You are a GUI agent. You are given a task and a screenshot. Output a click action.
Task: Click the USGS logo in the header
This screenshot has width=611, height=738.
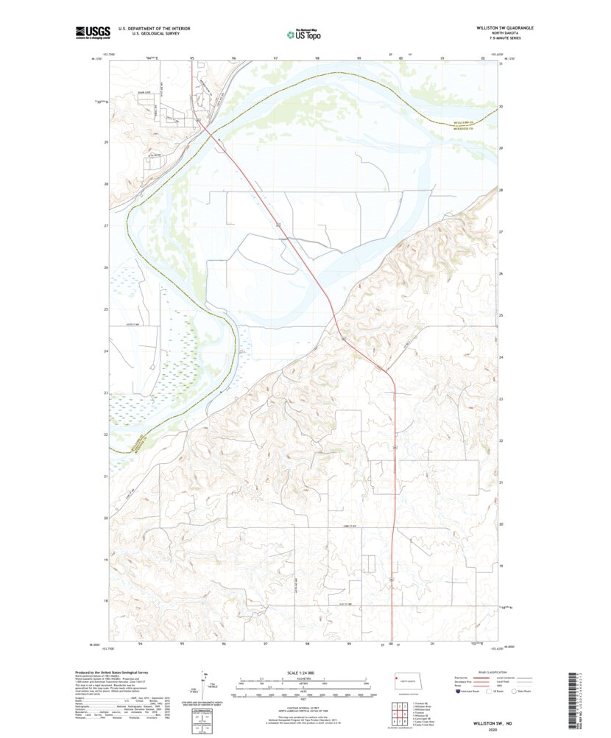[x=92, y=32]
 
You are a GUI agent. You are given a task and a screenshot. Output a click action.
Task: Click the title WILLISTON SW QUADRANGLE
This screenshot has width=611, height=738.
[x=505, y=28]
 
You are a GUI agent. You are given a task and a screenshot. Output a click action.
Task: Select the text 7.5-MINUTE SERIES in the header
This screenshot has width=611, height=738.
[x=505, y=38]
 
